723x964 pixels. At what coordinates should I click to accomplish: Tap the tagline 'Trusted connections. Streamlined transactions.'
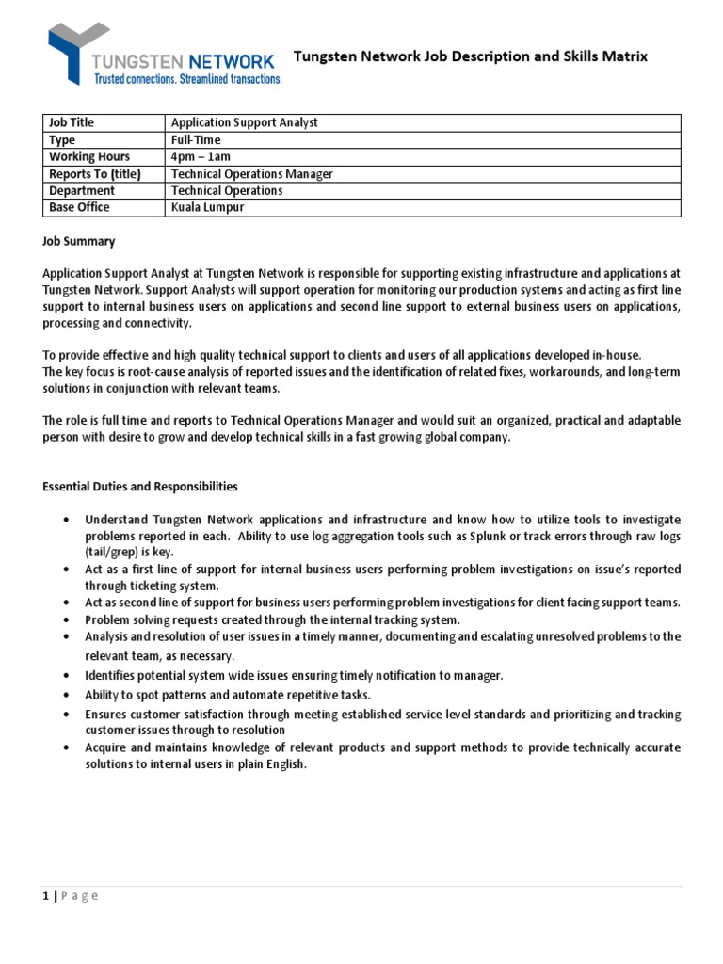pyautogui.click(x=186, y=80)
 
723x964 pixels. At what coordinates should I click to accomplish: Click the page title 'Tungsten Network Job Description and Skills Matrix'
pyautogui.click(x=471, y=57)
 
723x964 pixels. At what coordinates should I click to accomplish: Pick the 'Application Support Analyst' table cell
pyautogui.click(x=244, y=123)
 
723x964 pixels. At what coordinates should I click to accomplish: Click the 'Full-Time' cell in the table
pyautogui.click(x=195, y=140)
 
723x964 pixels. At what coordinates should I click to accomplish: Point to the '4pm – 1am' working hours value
pyautogui.click(x=201, y=157)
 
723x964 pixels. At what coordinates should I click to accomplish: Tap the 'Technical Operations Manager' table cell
pyautogui.click(x=251, y=174)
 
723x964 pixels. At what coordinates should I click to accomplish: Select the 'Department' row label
pyautogui.click(x=82, y=191)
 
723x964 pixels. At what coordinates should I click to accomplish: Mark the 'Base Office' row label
pyautogui.click(x=79, y=208)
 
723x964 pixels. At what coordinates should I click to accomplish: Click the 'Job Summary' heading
pyautogui.click(x=78, y=242)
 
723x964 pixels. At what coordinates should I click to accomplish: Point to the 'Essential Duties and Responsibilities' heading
pyautogui.click(x=140, y=487)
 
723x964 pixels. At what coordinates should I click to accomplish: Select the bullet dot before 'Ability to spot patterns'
pyautogui.click(x=64, y=696)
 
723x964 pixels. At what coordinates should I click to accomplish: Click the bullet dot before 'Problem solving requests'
pyautogui.click(x=64, y=620)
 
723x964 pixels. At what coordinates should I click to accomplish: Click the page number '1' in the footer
pyautogui.click(x=46, y=896)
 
